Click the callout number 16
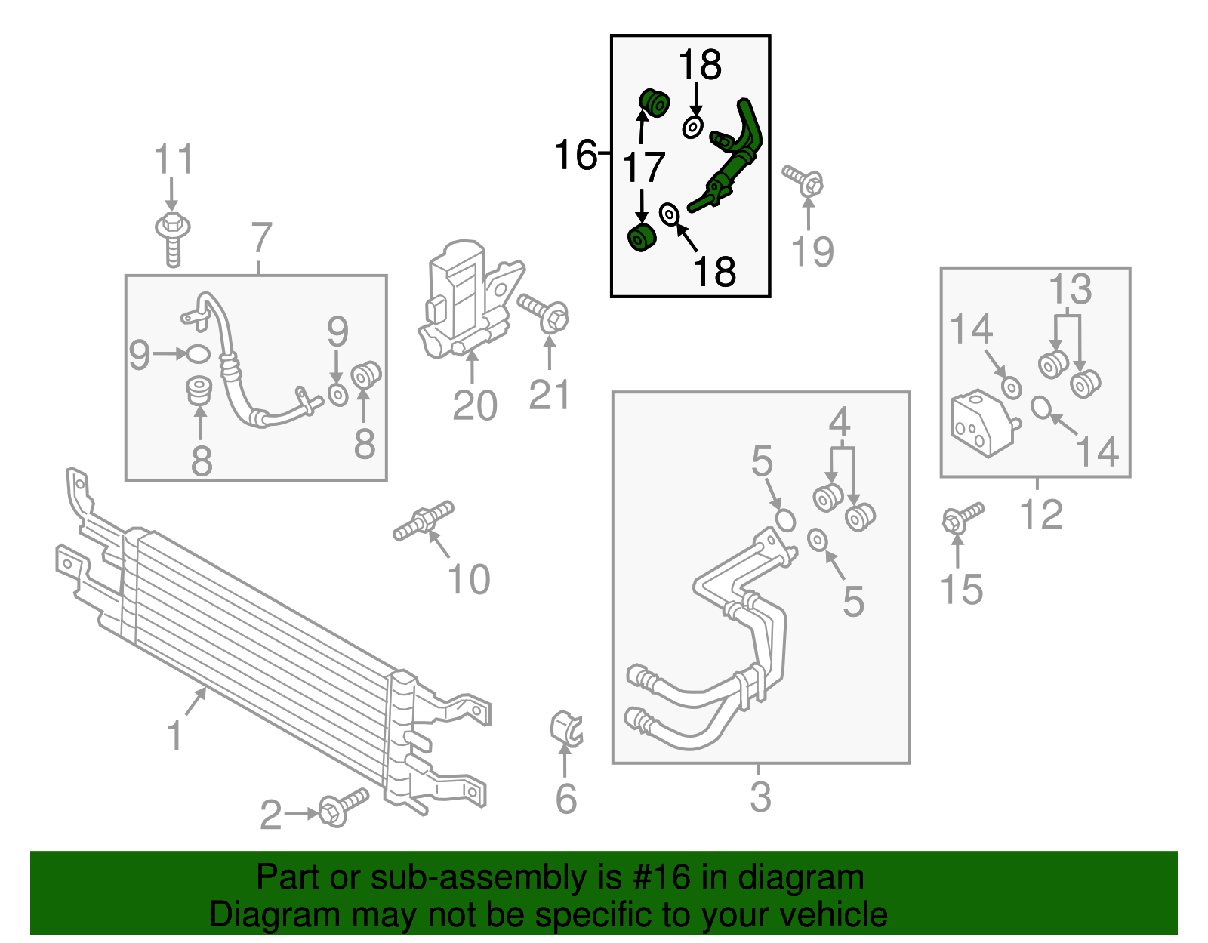pyautogui.click(x=575, y=155)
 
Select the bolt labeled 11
pyautogui.click(x=172, y=237)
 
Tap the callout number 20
pyautogui.click(x=475, y=405)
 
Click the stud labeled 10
pyautogui.click(x=424, y=521)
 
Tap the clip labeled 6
pyautogui.click(x=565, y=727)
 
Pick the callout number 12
pyautogui.click(x=1041, y=514)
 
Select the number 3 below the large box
pyautogui.click(x=760, y=797)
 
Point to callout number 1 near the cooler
pyautogui.click(x=174, y=735)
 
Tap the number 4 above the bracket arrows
pyautogui.click(x=840, y=422)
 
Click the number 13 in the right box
pyautogui.click(x=1071, y=289)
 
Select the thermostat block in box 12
pyautogui.click(x=981, y=423)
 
